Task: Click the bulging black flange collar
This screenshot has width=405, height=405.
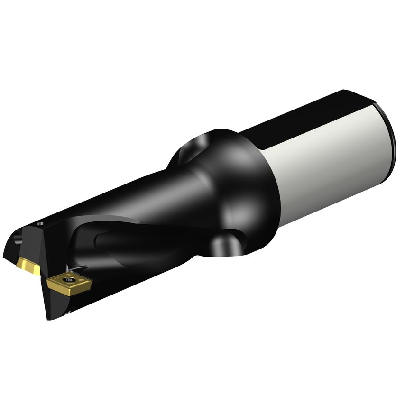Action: pos(247,190)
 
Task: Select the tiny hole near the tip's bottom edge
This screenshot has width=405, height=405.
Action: pos(68,312)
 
